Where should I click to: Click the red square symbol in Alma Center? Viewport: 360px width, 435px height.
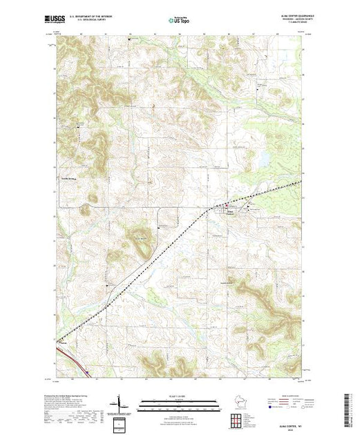(224, 206)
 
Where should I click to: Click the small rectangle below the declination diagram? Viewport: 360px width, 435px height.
(120, 423)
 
